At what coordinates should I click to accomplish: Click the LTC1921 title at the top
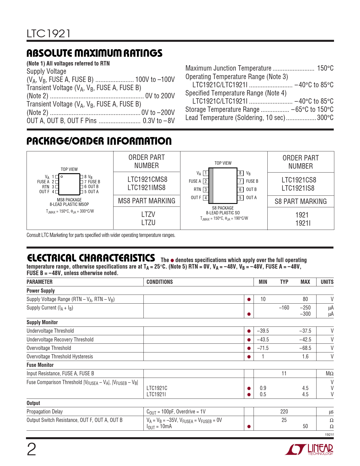coord(49,34)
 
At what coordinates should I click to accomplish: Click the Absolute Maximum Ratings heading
coord(94,53)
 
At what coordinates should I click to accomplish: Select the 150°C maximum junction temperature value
coord(325,68)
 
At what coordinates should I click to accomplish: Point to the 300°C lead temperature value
coord(325,118)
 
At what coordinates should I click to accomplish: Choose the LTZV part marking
coord(148,215)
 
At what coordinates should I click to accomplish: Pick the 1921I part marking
coord(303,223)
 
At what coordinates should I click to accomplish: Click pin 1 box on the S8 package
coord(206,173)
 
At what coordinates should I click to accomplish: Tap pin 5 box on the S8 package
coord(240,198)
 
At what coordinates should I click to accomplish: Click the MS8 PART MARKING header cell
coord(147,201)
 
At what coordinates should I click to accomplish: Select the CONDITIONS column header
coord(160,282)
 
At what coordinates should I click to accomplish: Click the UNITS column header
coord(327,282)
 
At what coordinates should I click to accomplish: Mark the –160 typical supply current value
coord(284,308)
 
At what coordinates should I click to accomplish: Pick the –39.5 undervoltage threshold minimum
coord(263,331)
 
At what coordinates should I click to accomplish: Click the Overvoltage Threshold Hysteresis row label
coord(60,357)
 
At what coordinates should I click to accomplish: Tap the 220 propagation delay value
coord(284,412)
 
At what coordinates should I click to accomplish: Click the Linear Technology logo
coord(309,450)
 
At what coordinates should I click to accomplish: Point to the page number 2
coord(31,450)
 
